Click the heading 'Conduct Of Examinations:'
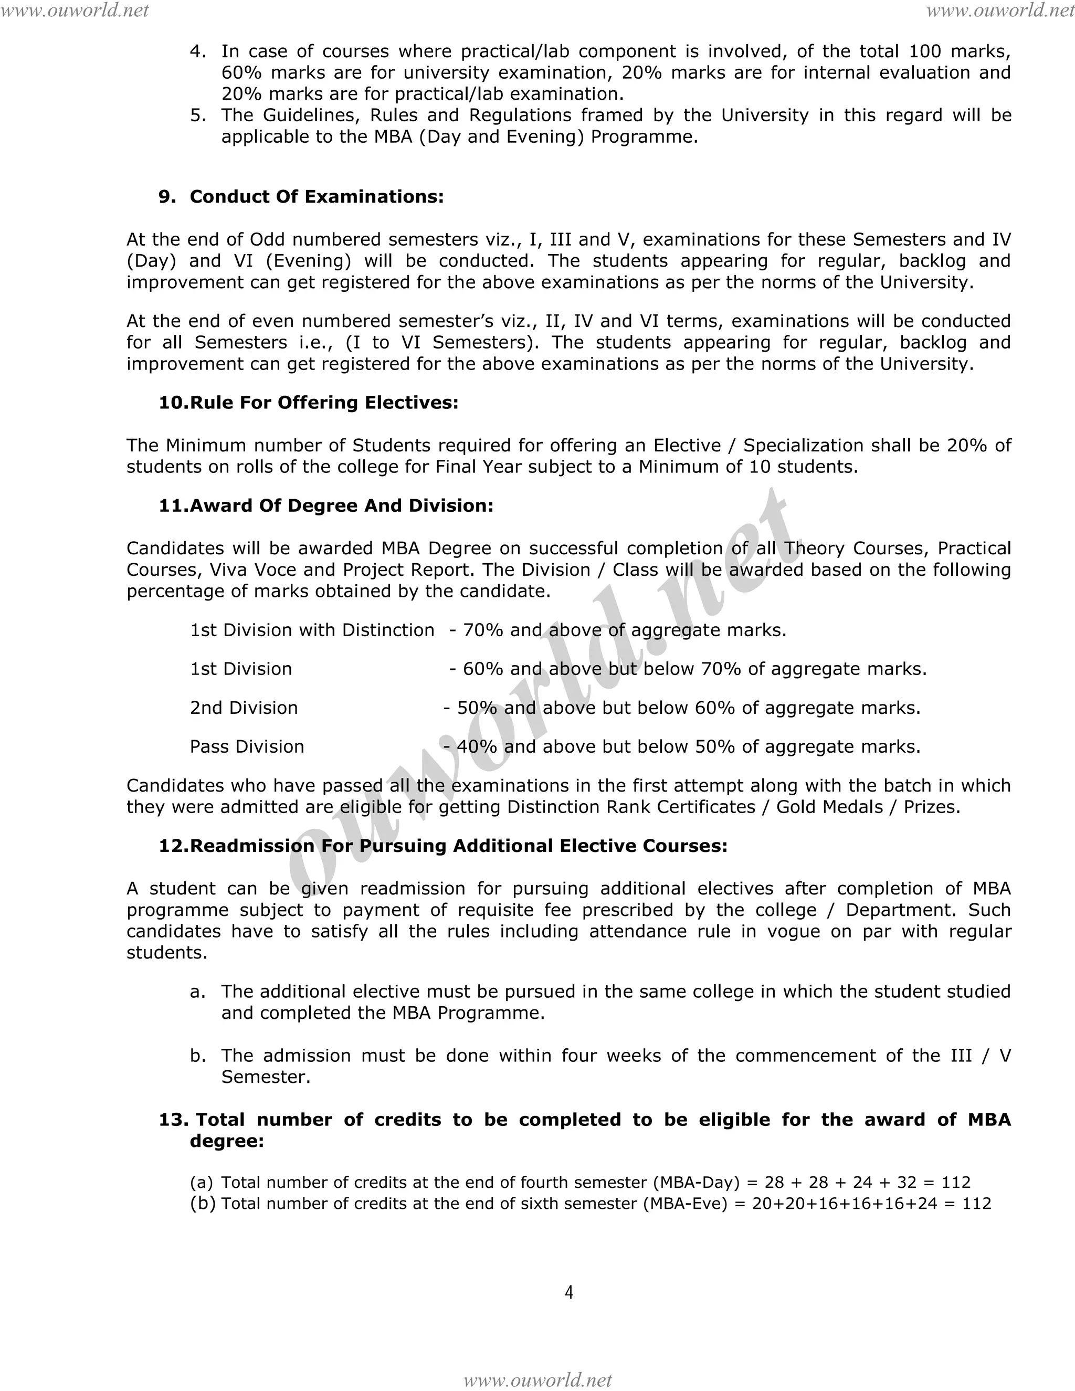click(x=317, y=197)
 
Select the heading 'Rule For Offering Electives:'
click(x=324, y=403)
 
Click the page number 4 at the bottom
click(x=568, y=1292)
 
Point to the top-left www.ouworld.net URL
click(x=75, y=10)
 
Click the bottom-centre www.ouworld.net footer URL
click(x=537, y=1379)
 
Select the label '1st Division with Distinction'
click(x=312, y=630)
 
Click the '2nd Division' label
click(x=244, y=708)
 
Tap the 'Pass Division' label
click(x=247, y=746)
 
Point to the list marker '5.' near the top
click(x=198, y=115)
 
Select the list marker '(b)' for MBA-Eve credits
click(x=203, y=1203)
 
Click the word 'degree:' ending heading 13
click(x=227, y=1141)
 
